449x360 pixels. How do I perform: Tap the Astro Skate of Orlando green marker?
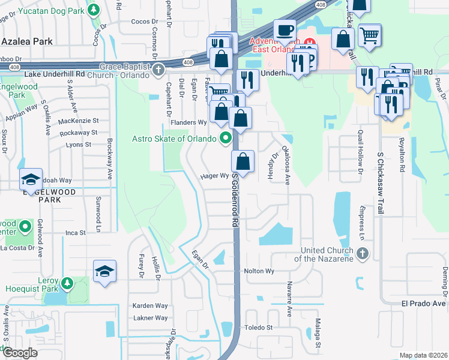[226, 139]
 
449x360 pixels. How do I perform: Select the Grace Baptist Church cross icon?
[158, 70]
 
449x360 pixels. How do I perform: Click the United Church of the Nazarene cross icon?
[361, 254]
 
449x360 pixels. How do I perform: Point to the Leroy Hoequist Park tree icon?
[67, 282]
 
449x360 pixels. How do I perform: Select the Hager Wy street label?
[214, 176]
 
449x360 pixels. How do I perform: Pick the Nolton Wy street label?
[259, 271]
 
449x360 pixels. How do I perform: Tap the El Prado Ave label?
[424, 304]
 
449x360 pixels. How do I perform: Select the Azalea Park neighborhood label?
[28, 41]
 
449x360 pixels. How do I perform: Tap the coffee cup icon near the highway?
[285, 30]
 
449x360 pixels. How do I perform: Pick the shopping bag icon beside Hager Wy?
[243, 161]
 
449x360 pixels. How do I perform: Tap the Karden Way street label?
[150, 305]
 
